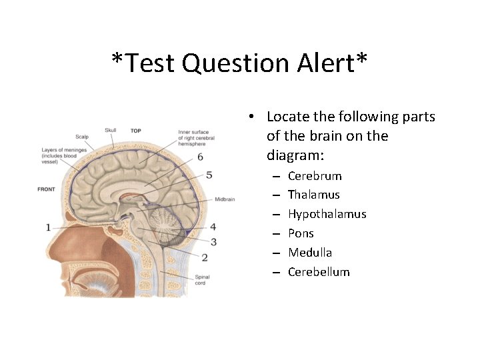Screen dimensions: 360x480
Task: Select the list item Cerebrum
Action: click(315, 176)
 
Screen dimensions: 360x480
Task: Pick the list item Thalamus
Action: click(314, 195)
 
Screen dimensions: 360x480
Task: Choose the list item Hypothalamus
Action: click(327, 214)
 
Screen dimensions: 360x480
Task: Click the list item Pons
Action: click(301, 233)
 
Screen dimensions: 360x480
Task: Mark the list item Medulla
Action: click(310, 253)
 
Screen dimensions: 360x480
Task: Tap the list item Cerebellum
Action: click(319, 272)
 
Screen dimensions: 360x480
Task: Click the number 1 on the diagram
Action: click(48, 227)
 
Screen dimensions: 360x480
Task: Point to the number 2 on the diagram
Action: click(205, 257)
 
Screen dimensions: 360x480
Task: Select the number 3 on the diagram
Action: click(213, 241)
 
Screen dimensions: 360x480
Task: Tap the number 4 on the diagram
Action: click(213, 227)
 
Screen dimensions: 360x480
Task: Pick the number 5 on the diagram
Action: click(209, 175)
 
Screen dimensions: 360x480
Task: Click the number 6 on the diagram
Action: click(200, 157)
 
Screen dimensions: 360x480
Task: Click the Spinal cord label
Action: click(201, 280)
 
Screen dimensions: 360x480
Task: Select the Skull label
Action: click(111, 130)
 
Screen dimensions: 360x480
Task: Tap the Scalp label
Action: click(82, 137)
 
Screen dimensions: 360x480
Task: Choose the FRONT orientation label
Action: click(47, 189)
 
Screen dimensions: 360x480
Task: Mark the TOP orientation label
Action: click(135, 131)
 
